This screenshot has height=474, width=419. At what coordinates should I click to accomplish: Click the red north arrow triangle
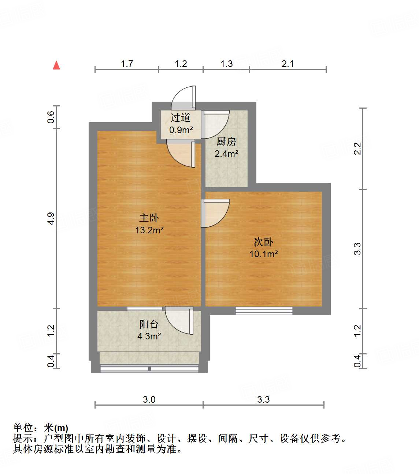[56, 65]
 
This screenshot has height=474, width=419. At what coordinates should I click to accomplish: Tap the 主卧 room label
[149, 218]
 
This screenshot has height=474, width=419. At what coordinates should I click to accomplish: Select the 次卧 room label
[263, 242]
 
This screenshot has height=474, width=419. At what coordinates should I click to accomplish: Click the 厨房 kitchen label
[226, 142]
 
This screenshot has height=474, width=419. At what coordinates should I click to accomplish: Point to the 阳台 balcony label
[149, 324]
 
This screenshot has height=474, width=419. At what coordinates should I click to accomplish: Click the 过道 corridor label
[181, 118]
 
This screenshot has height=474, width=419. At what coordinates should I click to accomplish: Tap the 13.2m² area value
[149, 230]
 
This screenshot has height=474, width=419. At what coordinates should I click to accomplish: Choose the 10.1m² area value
[263, 254]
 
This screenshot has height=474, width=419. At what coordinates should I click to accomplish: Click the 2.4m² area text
[226, 154]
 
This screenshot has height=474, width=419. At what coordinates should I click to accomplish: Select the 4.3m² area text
[149, 336]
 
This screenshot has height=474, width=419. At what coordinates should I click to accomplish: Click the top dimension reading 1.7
[127, 64]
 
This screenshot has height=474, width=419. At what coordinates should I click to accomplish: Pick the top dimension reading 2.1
[288, 64]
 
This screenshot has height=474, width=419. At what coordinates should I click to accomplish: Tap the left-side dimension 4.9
[51, 218]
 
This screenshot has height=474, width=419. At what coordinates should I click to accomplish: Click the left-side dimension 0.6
[51, 117]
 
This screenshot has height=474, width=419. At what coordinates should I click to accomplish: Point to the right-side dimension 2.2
[357, 148]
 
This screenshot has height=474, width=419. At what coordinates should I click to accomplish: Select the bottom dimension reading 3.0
[149, 399]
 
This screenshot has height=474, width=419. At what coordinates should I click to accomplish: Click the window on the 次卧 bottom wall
[264, 311]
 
